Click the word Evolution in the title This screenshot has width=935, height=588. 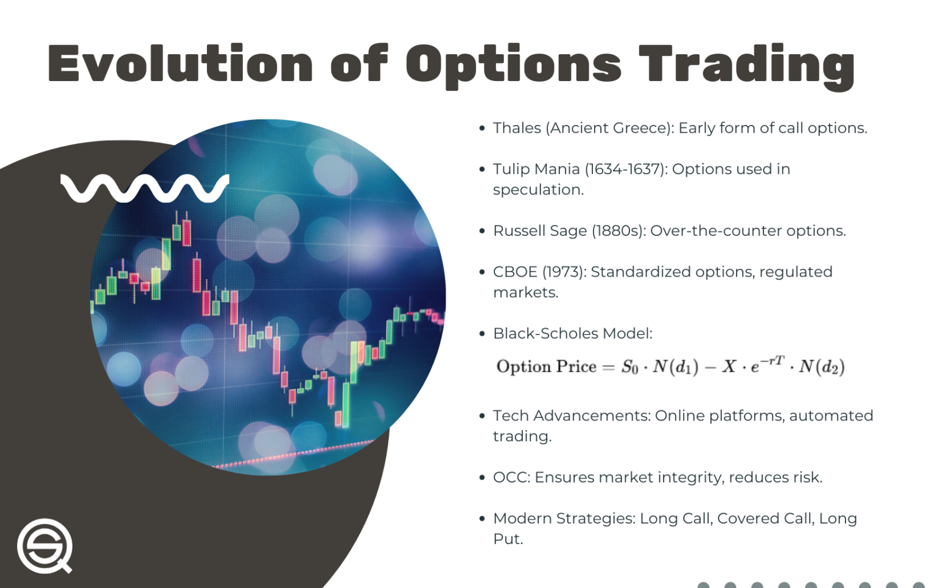(x=180, y=63)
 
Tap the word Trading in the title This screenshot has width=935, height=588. (x=746, y=65)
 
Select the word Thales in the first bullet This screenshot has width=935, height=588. (x=517, y=128)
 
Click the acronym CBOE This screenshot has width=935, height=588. (x=515, y=272)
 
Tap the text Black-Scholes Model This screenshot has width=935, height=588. (x=572, y=333)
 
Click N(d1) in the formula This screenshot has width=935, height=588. (x=675, y=367)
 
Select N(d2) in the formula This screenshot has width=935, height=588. (x=822, y=367)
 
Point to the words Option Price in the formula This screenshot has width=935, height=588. (x=546, y=366)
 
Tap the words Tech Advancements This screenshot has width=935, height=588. (x=572, y=416)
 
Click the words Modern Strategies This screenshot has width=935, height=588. (x=564, y=519)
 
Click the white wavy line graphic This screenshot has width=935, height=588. (x=145, y=188)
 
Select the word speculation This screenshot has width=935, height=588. (x=538, y=190)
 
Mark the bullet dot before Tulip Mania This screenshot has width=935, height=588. (x=482, y=169)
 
